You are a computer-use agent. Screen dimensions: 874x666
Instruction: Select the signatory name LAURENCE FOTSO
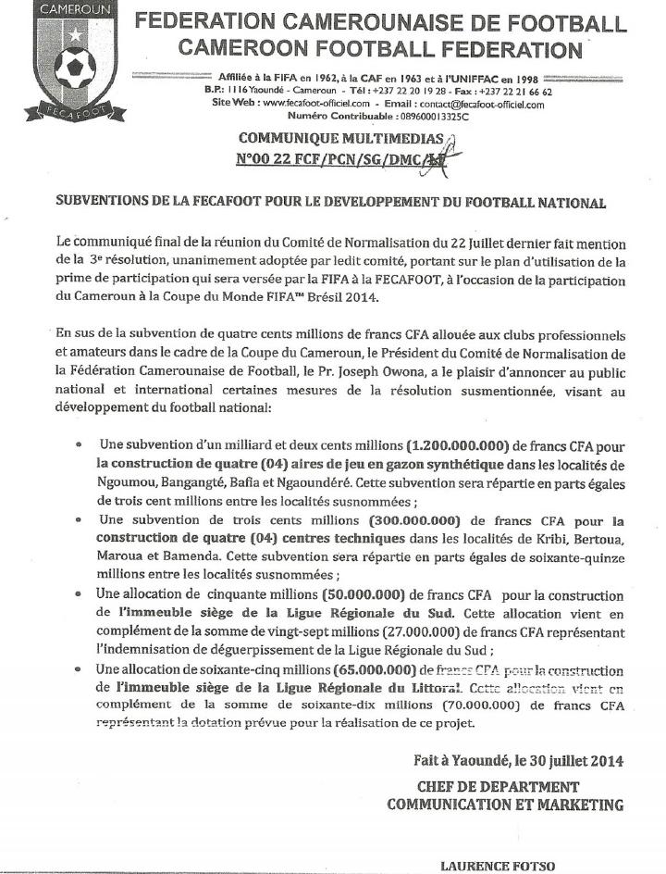[x=498, y=866]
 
